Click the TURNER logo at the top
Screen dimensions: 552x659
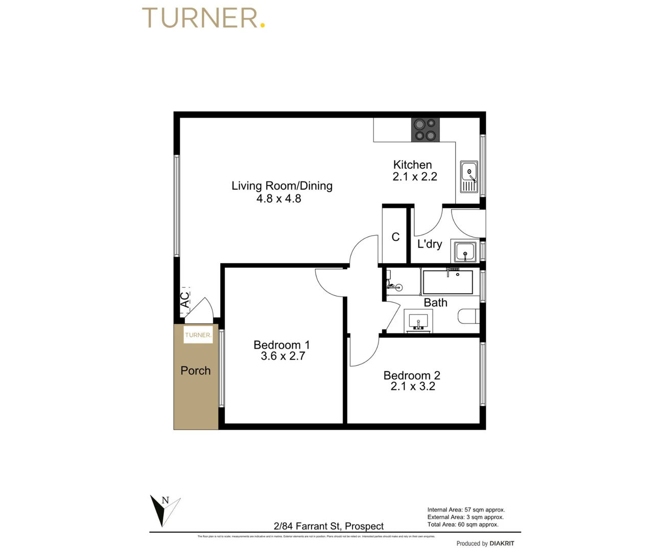tap(203, 18)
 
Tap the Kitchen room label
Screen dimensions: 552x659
tap(412, 165)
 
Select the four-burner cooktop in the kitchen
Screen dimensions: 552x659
tap(426, 130)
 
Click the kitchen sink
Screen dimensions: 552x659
tap(468, 177)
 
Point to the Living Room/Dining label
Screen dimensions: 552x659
tap(281, 186)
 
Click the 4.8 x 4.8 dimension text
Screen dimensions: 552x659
tap(278, 199)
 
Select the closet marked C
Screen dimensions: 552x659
tap(395, 237)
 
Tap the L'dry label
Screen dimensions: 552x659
tap(429, 244)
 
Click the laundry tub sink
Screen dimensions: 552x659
tap(465, 252)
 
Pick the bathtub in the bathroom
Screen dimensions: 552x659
tap(448, 282)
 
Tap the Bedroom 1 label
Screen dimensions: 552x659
tap(281, 345)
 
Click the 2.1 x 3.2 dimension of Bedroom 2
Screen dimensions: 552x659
tap(413, 387)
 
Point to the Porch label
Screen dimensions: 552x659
tap(196, 371)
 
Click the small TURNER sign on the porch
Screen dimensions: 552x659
tap(198, 335)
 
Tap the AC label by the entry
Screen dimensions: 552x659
tap(184, 300)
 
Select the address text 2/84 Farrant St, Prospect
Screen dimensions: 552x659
tap(328, 526)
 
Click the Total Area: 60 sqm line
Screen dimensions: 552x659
tap(463, 524)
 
